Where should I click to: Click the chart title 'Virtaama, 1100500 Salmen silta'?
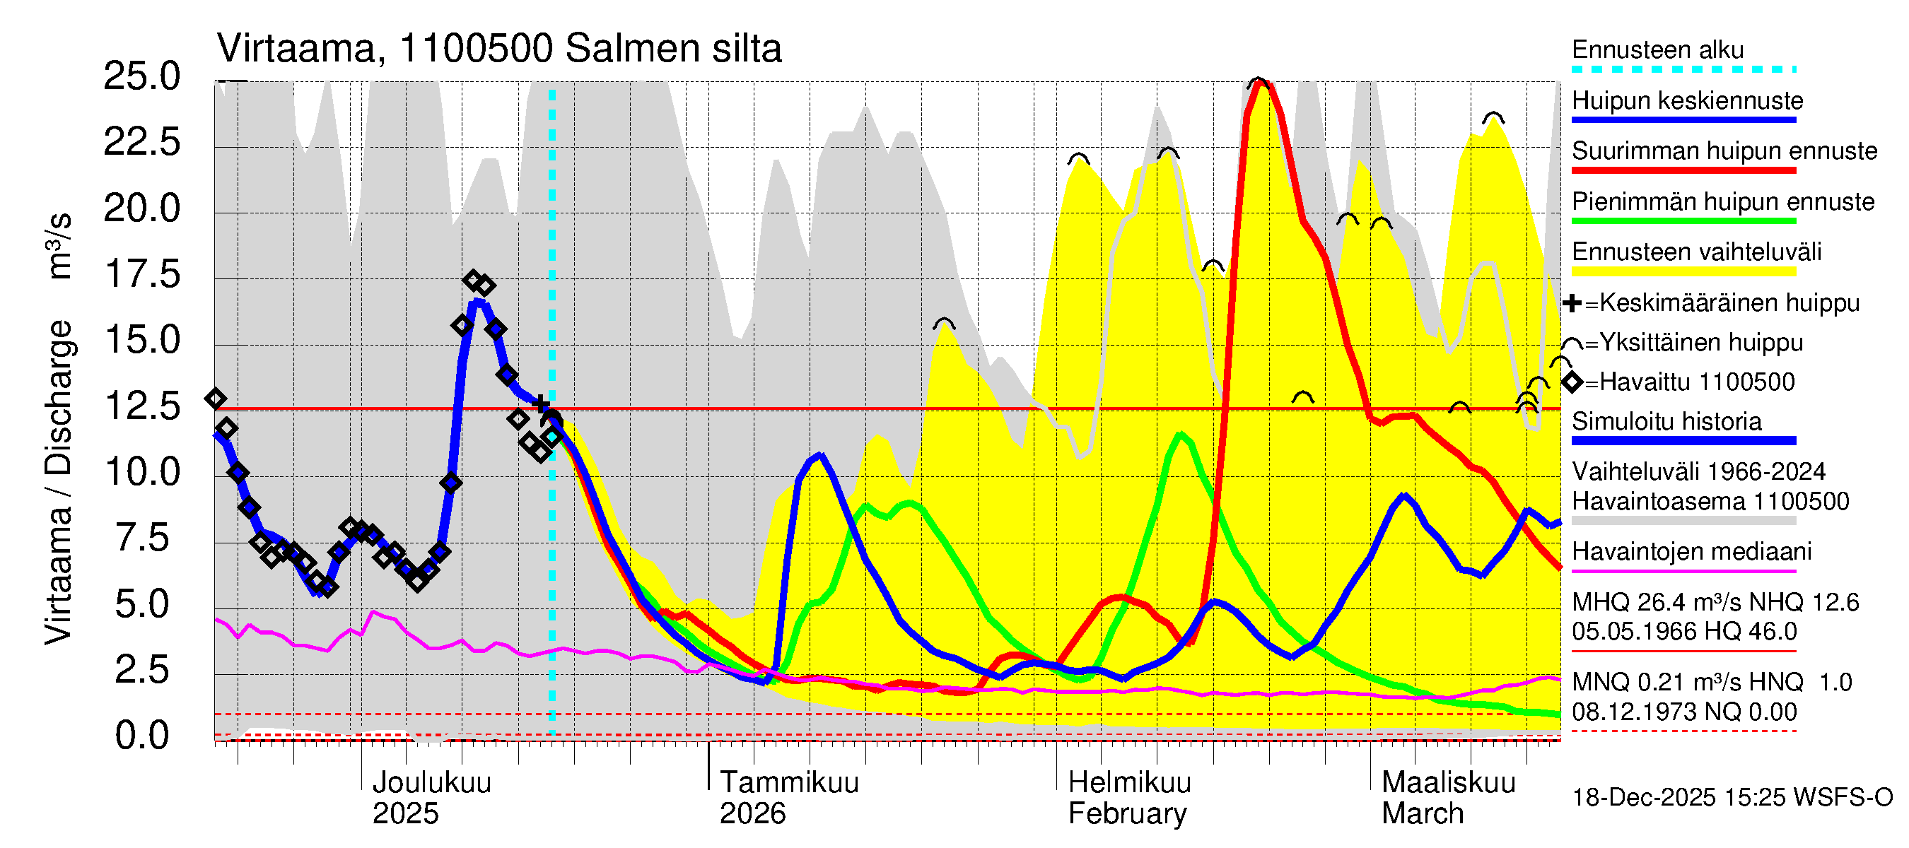pos(498,49)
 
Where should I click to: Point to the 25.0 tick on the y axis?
pos(141,76)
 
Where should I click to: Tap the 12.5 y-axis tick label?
pos(141,406)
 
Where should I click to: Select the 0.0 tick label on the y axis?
pos(141,736)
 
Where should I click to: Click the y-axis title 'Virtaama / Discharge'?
pos(59,481)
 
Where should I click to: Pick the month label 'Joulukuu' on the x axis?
pos(431,783)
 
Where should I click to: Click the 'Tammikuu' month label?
pos(788,783)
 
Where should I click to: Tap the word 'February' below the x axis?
pos(1126,814)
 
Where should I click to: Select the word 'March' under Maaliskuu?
pos(1422,814)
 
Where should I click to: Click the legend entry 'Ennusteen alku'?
pos(1658,50)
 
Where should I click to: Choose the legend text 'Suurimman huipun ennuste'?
pos(1724,151)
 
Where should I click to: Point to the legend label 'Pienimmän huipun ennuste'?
pos(1723,201)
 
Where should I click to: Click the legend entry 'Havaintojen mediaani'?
pos(1692,552)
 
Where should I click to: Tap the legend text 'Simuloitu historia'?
pos(1666,421)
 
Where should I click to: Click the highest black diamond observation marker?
pos(473,280)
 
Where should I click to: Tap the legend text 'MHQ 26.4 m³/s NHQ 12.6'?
pos(1715,602)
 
